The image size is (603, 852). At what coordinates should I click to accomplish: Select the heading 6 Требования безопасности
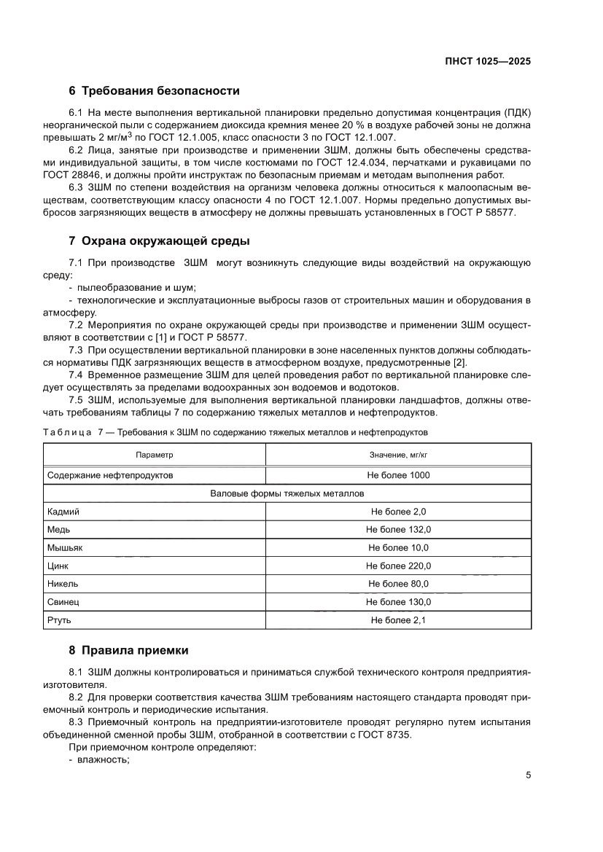pos(154,91)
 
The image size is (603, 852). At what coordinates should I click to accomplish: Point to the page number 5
pos(528,775)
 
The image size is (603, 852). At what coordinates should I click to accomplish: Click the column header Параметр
pos(155,456)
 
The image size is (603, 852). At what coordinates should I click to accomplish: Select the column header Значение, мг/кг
pos(398,456)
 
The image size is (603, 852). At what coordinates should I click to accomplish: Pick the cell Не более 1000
pos(398,475)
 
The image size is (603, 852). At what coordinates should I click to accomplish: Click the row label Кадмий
pos(63,512)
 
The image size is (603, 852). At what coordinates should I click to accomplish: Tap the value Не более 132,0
pos(398,530)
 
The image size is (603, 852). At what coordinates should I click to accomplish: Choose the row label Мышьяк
pos(66,548)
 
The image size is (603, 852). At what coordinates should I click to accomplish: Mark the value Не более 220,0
pos(398,566)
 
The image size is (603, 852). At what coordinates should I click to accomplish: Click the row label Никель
pos(63,584)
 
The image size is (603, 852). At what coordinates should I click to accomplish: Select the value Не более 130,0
pos(398,602)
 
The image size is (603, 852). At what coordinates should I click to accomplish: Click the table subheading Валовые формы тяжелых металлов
pos(287,493)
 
